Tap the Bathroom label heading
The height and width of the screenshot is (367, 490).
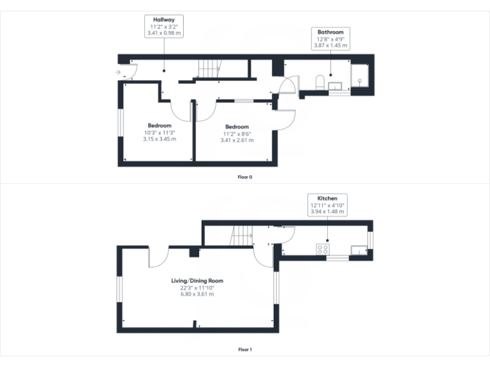click(330, 32)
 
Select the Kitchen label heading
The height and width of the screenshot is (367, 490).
click(323, 199)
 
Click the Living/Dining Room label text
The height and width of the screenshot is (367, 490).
click(197, 280)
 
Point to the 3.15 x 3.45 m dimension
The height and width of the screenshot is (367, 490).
click(160, 140)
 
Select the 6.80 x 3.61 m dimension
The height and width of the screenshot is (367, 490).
click(197, 294)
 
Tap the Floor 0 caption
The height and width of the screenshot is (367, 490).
click(245, 176)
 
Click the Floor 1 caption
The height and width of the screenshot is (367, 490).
click(245, 349)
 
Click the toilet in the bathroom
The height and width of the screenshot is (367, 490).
click(320, 81)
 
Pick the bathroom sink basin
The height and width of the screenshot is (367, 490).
click(335, 83)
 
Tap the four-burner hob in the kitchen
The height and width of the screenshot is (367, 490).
click(323, 249)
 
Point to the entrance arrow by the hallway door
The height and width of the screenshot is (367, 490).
click(118, 73)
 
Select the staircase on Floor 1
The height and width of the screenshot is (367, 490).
click(242, 237)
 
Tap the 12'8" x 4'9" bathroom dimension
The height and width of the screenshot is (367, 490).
click(330, 39)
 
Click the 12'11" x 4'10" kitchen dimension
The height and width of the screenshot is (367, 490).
click(323, 206)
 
